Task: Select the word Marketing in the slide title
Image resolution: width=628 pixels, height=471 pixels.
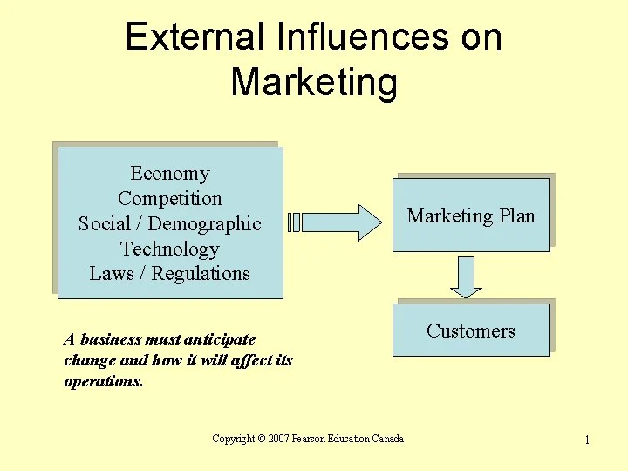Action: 314,83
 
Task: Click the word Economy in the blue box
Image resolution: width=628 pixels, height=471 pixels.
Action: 170,174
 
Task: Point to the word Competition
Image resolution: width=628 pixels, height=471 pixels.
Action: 170,199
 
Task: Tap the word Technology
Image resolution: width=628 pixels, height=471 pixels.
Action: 170,249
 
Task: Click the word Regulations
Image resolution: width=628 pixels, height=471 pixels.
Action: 201,274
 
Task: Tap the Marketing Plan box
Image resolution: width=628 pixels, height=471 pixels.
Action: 471,215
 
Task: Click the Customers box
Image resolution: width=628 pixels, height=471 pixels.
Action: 471,331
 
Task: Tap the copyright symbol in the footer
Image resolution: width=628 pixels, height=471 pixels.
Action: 262,439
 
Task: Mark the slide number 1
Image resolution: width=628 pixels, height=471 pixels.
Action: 587,440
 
